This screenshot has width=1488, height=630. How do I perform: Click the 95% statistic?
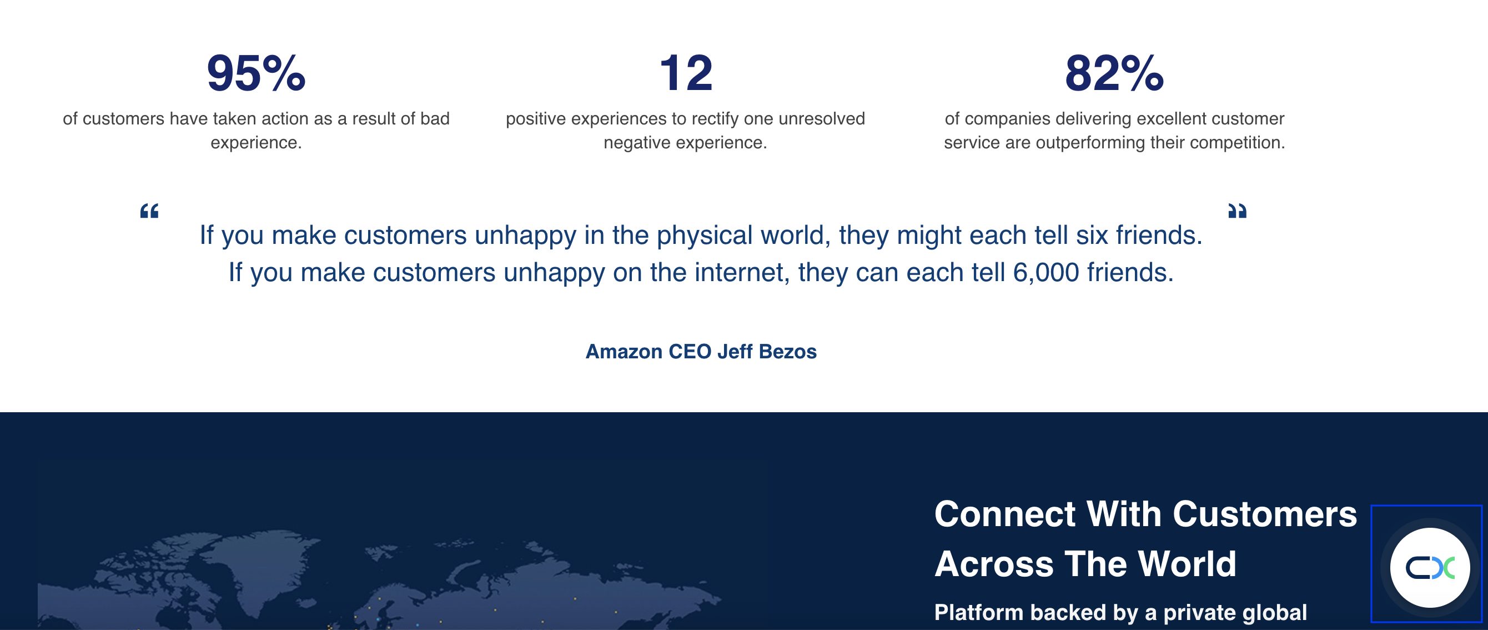[256, 73]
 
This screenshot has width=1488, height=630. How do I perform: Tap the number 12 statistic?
[686, 73]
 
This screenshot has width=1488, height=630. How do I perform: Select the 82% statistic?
[1114, 73]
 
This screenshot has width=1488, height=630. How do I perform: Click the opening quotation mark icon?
[149, 211]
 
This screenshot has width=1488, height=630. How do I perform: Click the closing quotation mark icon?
[1237, 211]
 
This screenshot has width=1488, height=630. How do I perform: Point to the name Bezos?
[787, 352]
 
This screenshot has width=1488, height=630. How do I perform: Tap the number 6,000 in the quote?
[1046, 272]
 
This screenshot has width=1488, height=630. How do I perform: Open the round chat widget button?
[1430, 568]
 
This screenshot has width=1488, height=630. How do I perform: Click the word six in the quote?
[1092, 236]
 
